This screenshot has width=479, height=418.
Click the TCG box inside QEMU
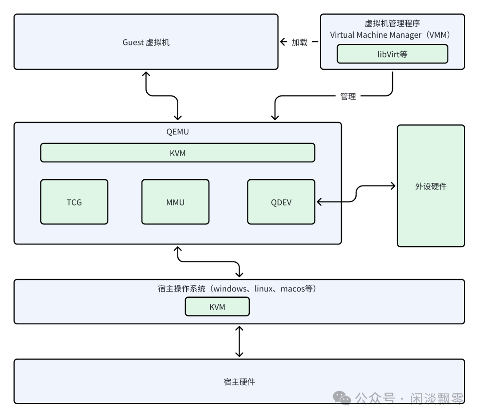coord(74,202)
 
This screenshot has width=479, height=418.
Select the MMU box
coord(175,202)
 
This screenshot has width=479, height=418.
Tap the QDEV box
coord(281,202)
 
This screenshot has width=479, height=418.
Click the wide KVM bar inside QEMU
coord(177,153)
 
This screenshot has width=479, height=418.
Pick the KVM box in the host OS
coord(217,307)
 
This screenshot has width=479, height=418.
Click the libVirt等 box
coord(392,54)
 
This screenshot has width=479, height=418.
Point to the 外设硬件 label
coord(431,186)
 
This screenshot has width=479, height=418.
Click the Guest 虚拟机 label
coord(146,43)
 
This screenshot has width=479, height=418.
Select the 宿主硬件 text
coord(239,382)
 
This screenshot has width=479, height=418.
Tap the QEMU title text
coord(177,131)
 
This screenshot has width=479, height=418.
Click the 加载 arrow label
coord(299,43)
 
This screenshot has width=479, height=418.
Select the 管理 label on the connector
coord(348,96)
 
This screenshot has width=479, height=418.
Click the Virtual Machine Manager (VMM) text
coord(392,35)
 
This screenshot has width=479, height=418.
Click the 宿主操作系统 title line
coord(239,289)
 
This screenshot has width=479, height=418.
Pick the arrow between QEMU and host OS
coord(208,262)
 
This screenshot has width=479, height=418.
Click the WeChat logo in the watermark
coord(342,398)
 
